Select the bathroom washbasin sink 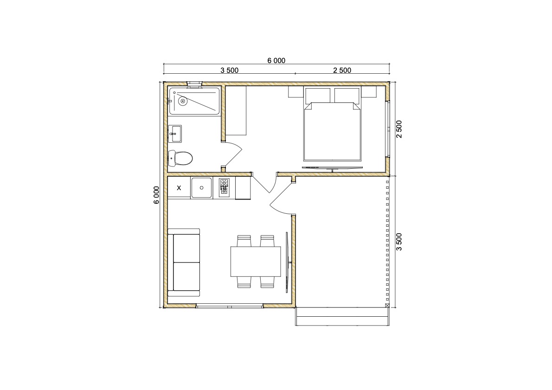coord(175,134)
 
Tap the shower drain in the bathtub coord(182,102)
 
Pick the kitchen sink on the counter coord(201,188)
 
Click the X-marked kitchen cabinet coord(179,188)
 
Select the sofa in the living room coord(184,262)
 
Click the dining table coord(256,262)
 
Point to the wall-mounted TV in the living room coord(288,262)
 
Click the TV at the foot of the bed coord(332,168)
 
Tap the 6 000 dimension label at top coord(276,61)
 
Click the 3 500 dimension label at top coord(230,70)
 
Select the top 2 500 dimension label coord(342,70)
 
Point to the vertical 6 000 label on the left coord(156,195)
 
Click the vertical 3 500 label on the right coord(399,242)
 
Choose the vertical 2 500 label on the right coord(399,129)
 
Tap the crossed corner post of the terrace coord(387,306)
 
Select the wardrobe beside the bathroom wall coord(236,110)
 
